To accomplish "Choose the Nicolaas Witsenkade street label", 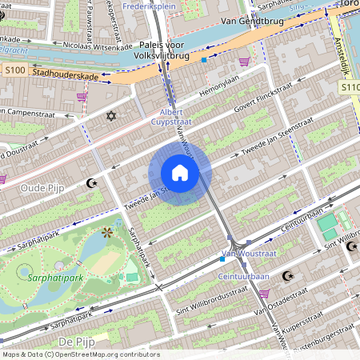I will tap(90, 46).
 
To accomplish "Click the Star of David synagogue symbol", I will tap(111, 117).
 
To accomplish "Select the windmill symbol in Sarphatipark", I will tap(106, 233).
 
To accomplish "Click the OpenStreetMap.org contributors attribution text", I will tap(104, 354).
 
